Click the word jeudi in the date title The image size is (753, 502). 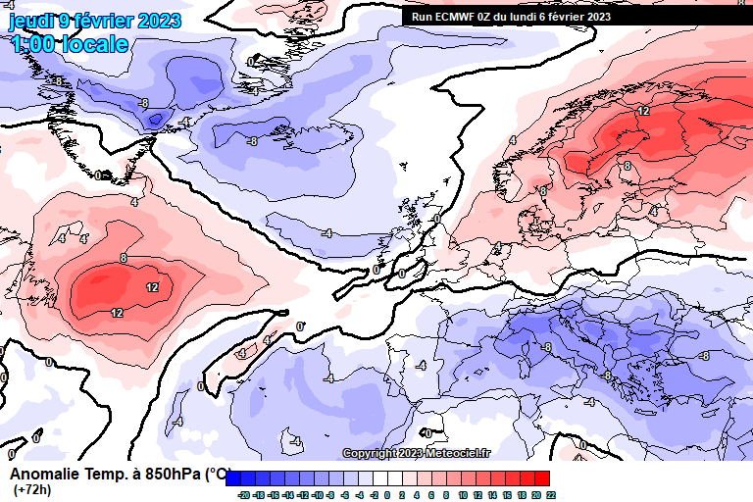[x=29, y=21]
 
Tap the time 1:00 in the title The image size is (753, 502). [x=31, y=44]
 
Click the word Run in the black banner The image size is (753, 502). [x=421, y=17]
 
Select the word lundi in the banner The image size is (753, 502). [x=530, y=17]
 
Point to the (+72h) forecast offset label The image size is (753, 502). [x=32, y=489]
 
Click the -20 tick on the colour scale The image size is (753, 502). [x=243, y=495]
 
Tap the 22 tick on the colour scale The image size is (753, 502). [x=551, y=495]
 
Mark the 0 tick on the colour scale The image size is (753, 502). [x=387, y=495]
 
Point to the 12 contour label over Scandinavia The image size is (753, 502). [x=643, y=112]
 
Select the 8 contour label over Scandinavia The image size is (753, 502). [x=627, y=166]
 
